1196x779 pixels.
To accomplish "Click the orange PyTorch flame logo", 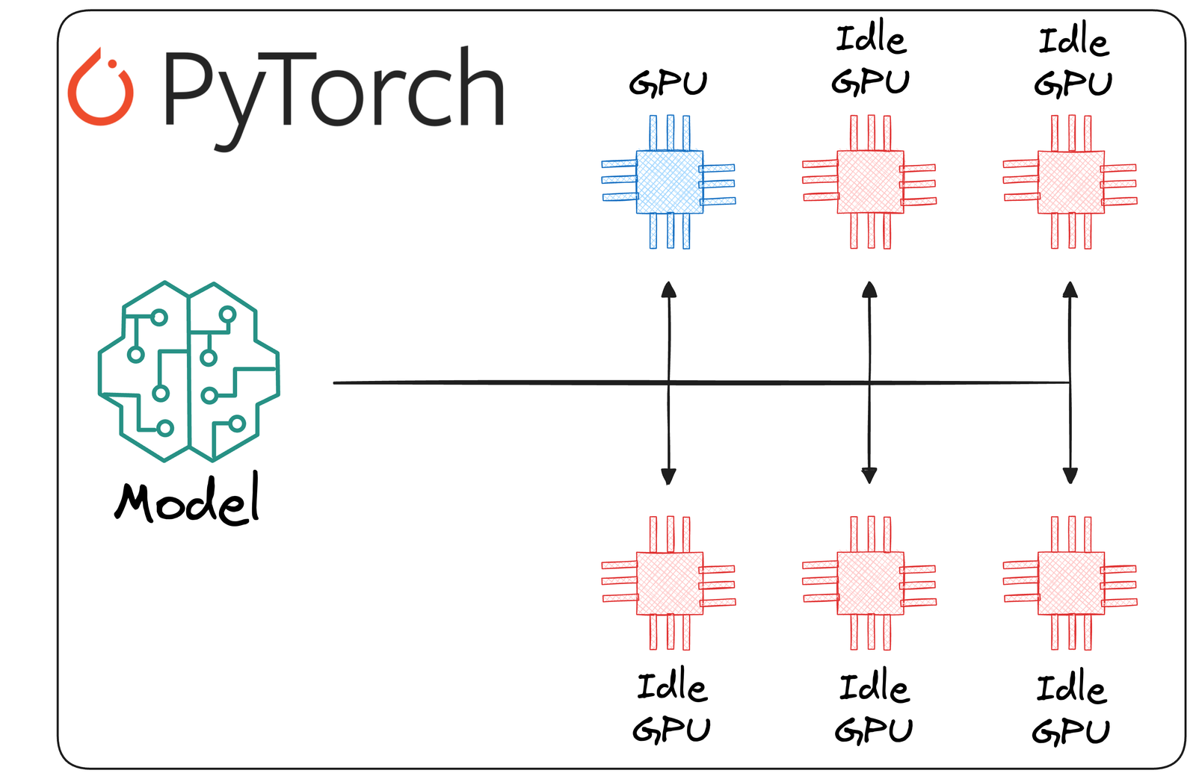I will [100, 88].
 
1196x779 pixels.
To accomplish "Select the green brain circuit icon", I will [188, 371].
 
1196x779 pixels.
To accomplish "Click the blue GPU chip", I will [669, 181].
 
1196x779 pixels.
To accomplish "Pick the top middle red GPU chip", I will [870, 181].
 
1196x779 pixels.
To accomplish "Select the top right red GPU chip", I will [1070, 181].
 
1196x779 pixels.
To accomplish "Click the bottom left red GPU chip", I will [669, 583].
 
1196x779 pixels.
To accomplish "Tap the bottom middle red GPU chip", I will [870, 583].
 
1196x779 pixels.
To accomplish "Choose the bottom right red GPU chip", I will [1070, 583].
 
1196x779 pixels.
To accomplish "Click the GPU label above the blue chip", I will [668, 83].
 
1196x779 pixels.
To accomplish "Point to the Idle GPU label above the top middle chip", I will [871, 60].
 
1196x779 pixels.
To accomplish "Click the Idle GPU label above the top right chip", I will [1073, 61].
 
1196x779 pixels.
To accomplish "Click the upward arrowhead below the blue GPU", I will [669, 290].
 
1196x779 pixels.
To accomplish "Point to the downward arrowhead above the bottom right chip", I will [1070, 475].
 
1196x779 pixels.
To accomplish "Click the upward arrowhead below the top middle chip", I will [869, 290].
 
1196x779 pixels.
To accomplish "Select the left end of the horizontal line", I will [336, 382].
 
